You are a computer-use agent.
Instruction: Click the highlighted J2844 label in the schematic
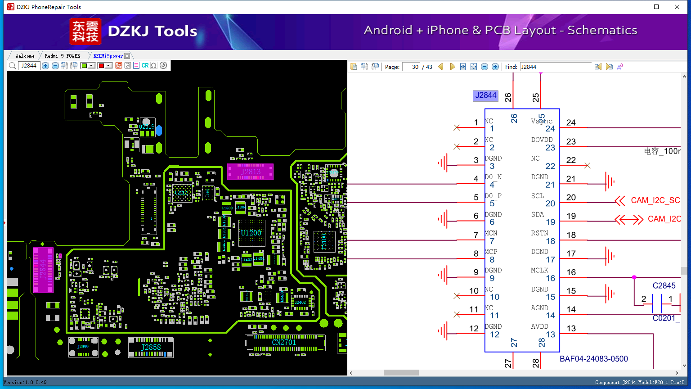point(486,95)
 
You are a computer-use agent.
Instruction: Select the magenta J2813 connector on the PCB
point(251,172)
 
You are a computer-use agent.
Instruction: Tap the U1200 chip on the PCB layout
point(251,233)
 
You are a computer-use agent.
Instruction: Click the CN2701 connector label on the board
point(284,342)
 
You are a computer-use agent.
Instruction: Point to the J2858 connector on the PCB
point(151,347)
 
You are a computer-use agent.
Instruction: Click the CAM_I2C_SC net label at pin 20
point(655,200)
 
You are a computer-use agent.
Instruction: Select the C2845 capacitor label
point(664,285)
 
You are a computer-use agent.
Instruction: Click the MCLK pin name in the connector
point(539,270)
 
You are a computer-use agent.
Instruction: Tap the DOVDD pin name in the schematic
point(542,140)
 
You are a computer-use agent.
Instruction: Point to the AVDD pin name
point(539,326)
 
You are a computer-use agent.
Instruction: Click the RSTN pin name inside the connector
point(539,233)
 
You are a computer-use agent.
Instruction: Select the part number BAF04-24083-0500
point(594,359)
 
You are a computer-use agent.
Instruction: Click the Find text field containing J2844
point(556,67)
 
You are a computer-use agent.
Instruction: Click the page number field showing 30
point(411,67)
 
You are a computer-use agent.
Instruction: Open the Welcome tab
point(25,56)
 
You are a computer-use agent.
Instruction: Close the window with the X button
point(677,7)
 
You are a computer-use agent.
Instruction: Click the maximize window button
point(656,7)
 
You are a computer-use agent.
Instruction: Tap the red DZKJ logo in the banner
point(85,32)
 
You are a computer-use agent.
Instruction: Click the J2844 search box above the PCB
point(29,66)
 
